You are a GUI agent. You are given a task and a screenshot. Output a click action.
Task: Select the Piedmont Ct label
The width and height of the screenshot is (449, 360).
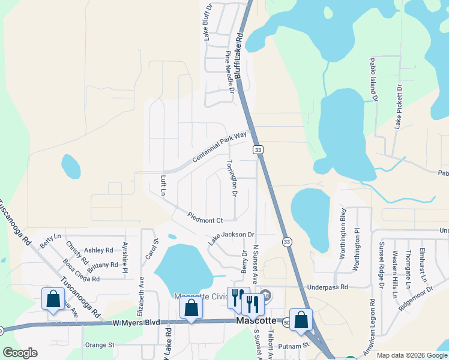[205, 217]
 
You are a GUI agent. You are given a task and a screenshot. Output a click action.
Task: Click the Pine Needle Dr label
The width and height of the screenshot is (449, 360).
[229, 73]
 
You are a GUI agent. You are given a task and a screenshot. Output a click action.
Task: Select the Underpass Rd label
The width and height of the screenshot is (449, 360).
[328, 287]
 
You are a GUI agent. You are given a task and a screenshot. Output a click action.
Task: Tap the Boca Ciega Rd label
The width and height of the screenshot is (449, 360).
[82, 271]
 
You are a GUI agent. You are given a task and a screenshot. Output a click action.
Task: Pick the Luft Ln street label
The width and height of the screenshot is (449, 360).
[163, 185]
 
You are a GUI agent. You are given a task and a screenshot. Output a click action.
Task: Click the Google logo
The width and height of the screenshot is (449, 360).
[20, 353]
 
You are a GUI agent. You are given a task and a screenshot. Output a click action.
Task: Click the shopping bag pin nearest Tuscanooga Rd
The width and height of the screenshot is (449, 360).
[53, 298]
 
